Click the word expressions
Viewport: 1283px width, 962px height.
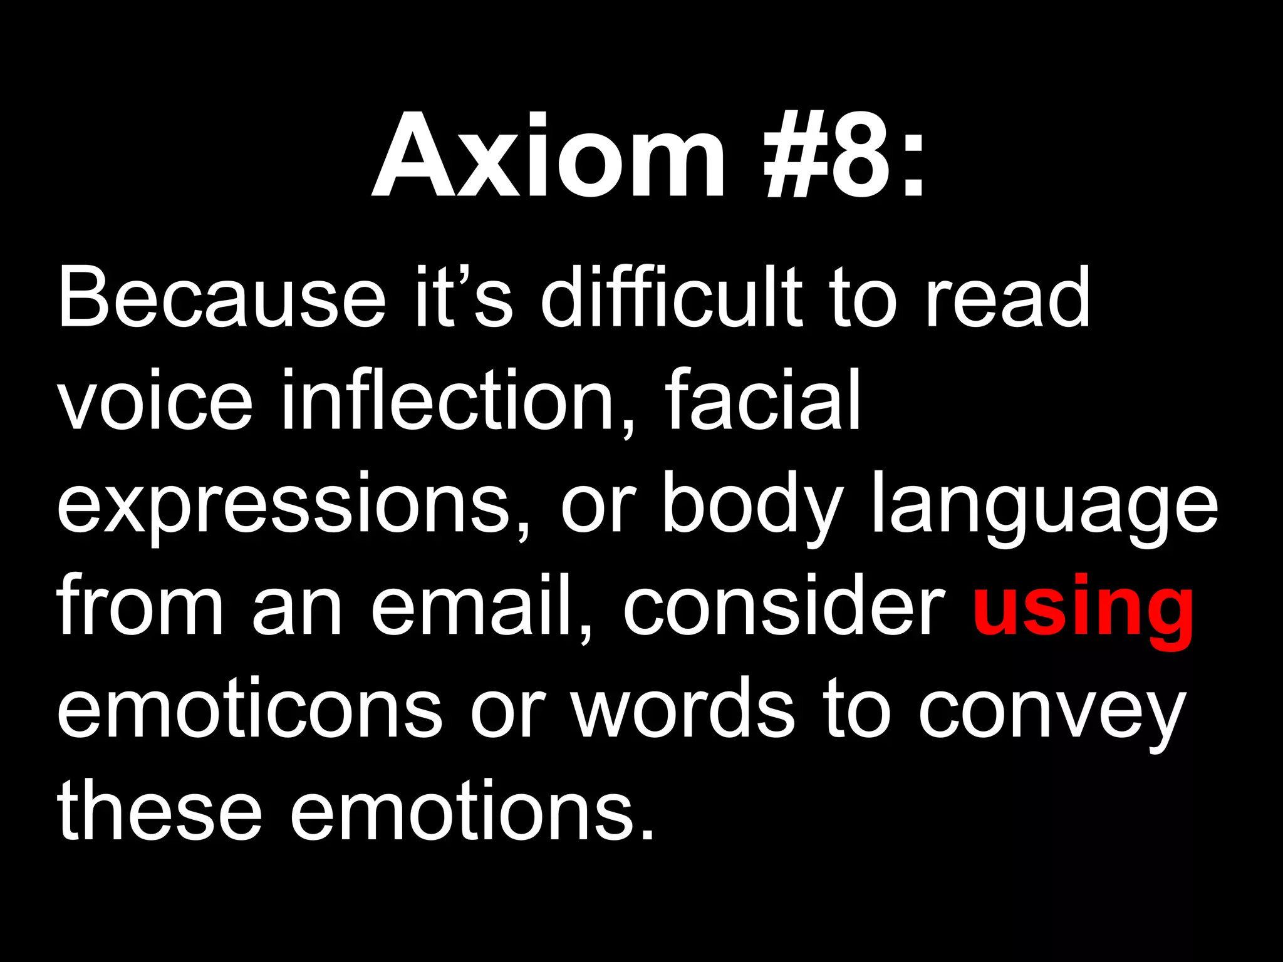click(285, 504)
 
